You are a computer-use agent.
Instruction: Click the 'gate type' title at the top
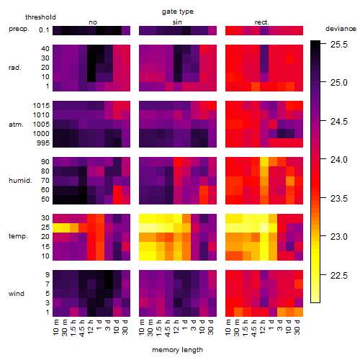[178, 12]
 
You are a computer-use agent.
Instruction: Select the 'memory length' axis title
[178, 350]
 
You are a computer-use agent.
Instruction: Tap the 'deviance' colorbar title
[341, 29]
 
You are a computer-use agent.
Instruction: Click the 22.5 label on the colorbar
[338, 276]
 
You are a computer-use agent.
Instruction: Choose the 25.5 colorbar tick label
[338, 45]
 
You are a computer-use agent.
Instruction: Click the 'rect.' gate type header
[262, 22]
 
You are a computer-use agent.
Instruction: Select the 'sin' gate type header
[177, 22]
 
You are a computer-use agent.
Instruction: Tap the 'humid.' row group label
[20, 181]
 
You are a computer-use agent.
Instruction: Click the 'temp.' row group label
[18, 236]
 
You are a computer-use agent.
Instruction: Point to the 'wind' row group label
[17, 294]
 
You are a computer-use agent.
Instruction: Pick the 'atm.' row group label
[16, 125]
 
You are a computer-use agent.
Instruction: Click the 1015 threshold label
[41, 106]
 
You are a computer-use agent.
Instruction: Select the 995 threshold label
[43, 143]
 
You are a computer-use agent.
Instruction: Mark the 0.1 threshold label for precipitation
[44, 30]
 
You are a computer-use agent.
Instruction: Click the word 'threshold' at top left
[40, 17]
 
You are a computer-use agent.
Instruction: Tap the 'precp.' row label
[19, 29]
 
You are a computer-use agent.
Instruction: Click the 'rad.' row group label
[15, 68]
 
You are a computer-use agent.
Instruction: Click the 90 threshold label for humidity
[45, 162]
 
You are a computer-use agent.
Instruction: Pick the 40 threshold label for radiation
[45, 49]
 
